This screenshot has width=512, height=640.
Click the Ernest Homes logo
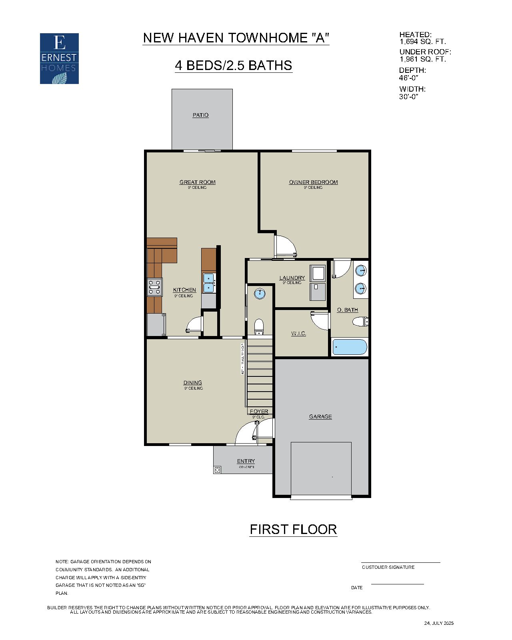point(59,58)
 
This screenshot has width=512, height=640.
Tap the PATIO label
point(200,115)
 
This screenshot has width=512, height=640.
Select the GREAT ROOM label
point(197,182)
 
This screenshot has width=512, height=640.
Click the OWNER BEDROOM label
point(313,182)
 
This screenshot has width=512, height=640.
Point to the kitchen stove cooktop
point(154,287)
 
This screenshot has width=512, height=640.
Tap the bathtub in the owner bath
point(350,347)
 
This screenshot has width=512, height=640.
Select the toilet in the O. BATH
point(360,321)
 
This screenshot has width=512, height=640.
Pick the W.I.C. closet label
point(298,334)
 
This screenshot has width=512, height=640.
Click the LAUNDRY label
point(292,278)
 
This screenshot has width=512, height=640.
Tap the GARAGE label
point(320,417)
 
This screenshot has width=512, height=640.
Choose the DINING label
point(193,383)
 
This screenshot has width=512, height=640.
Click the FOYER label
point(259,412)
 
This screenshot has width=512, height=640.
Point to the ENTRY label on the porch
point(246,461)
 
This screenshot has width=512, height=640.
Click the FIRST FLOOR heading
point(293,530)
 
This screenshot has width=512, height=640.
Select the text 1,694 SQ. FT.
point(422,42)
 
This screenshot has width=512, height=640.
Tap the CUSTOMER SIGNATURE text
point(388,567)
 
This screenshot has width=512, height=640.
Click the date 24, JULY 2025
point(439,623)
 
